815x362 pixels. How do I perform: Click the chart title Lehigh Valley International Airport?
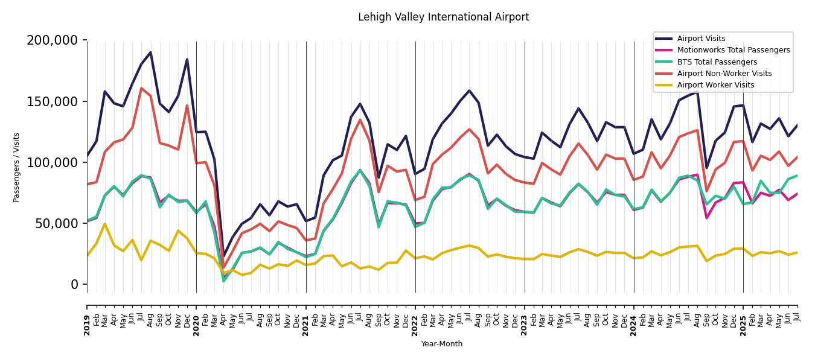(x=443, y=17)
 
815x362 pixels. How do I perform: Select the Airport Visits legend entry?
(x=701, y=39)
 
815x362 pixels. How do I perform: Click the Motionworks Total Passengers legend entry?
(x=733, y=50)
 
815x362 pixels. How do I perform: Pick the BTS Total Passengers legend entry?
(x=717, y=62)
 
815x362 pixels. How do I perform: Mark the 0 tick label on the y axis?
(x=75, y=284)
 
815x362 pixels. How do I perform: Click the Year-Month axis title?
(x=442, y=344)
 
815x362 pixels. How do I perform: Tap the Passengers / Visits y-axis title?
(x=17, y=167)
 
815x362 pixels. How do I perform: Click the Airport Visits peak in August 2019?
(x=150, y=52)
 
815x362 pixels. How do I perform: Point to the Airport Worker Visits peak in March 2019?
(x=105, y=224)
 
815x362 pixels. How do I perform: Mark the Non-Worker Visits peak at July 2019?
(x=141, y=89)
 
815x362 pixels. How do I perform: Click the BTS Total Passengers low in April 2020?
(x=223, y=281)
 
